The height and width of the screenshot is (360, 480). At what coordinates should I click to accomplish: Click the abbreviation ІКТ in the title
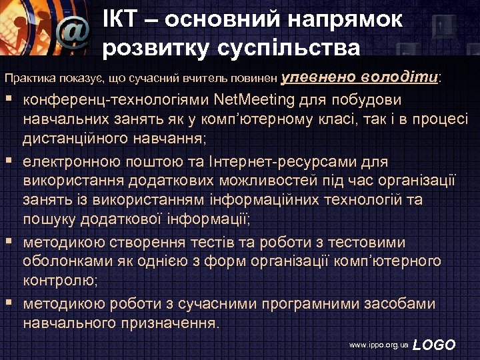pos(123,19)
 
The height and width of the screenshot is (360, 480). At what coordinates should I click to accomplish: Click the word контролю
pos(59,281)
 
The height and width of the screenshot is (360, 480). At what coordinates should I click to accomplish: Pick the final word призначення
pos(173,323)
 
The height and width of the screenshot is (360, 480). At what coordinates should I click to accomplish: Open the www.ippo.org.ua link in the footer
pos(378,345)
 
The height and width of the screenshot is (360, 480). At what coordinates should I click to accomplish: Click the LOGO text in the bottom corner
pos(435,345)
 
